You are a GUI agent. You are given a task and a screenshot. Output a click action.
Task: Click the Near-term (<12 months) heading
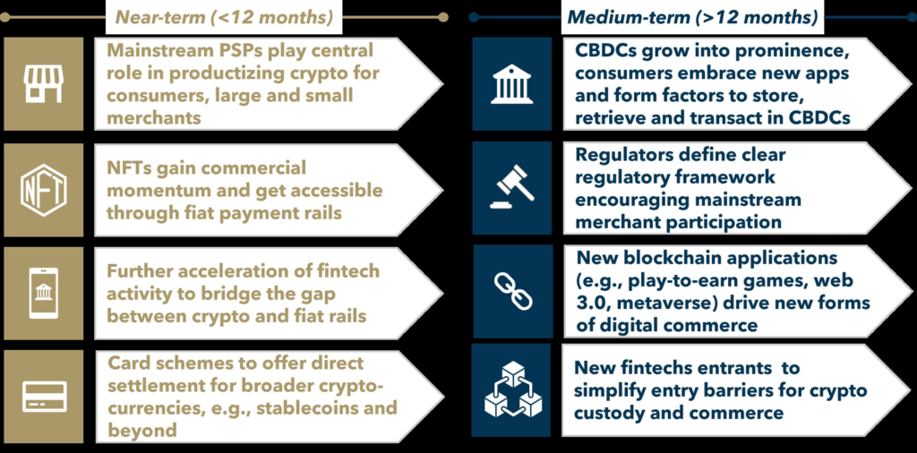click(x=224, y=18)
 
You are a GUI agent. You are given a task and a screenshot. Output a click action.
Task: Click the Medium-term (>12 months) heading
click(x=692, y=18)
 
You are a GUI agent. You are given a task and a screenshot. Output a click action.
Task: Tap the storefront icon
click(x=44, y=84)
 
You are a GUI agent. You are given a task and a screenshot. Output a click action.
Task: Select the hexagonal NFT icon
click(x=44, y=190)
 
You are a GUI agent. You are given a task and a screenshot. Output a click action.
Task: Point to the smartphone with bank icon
click(x=44, y=292)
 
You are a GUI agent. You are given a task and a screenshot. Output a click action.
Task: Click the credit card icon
click(x=44, y=397)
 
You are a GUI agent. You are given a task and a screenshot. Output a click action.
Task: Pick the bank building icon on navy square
click(x=511, y=83)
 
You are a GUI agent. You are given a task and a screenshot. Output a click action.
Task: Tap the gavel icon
click(x=511, y=188)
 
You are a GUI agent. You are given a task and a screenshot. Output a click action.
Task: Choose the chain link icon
click(x=512, y=291)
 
